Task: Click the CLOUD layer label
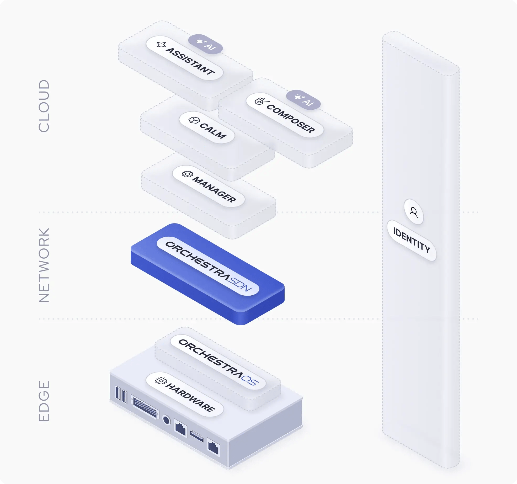[44, 106]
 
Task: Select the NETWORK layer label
[44, 265]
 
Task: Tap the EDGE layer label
[44, 401]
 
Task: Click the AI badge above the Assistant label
[205, 44]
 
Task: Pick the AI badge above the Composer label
[303, 100]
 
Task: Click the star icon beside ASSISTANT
[161, 45]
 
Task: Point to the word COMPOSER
[291, 119]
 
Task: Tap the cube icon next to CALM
[194, 120]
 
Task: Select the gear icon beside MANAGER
[187, 174]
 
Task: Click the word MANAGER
[214, 189]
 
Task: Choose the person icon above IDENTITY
[414, 212]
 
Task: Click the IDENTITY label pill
[412, 240]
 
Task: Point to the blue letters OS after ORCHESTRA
[250, 380]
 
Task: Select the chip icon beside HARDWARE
[161, 381]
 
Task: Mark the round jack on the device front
[166, 420]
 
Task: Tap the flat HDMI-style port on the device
[196, 436]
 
